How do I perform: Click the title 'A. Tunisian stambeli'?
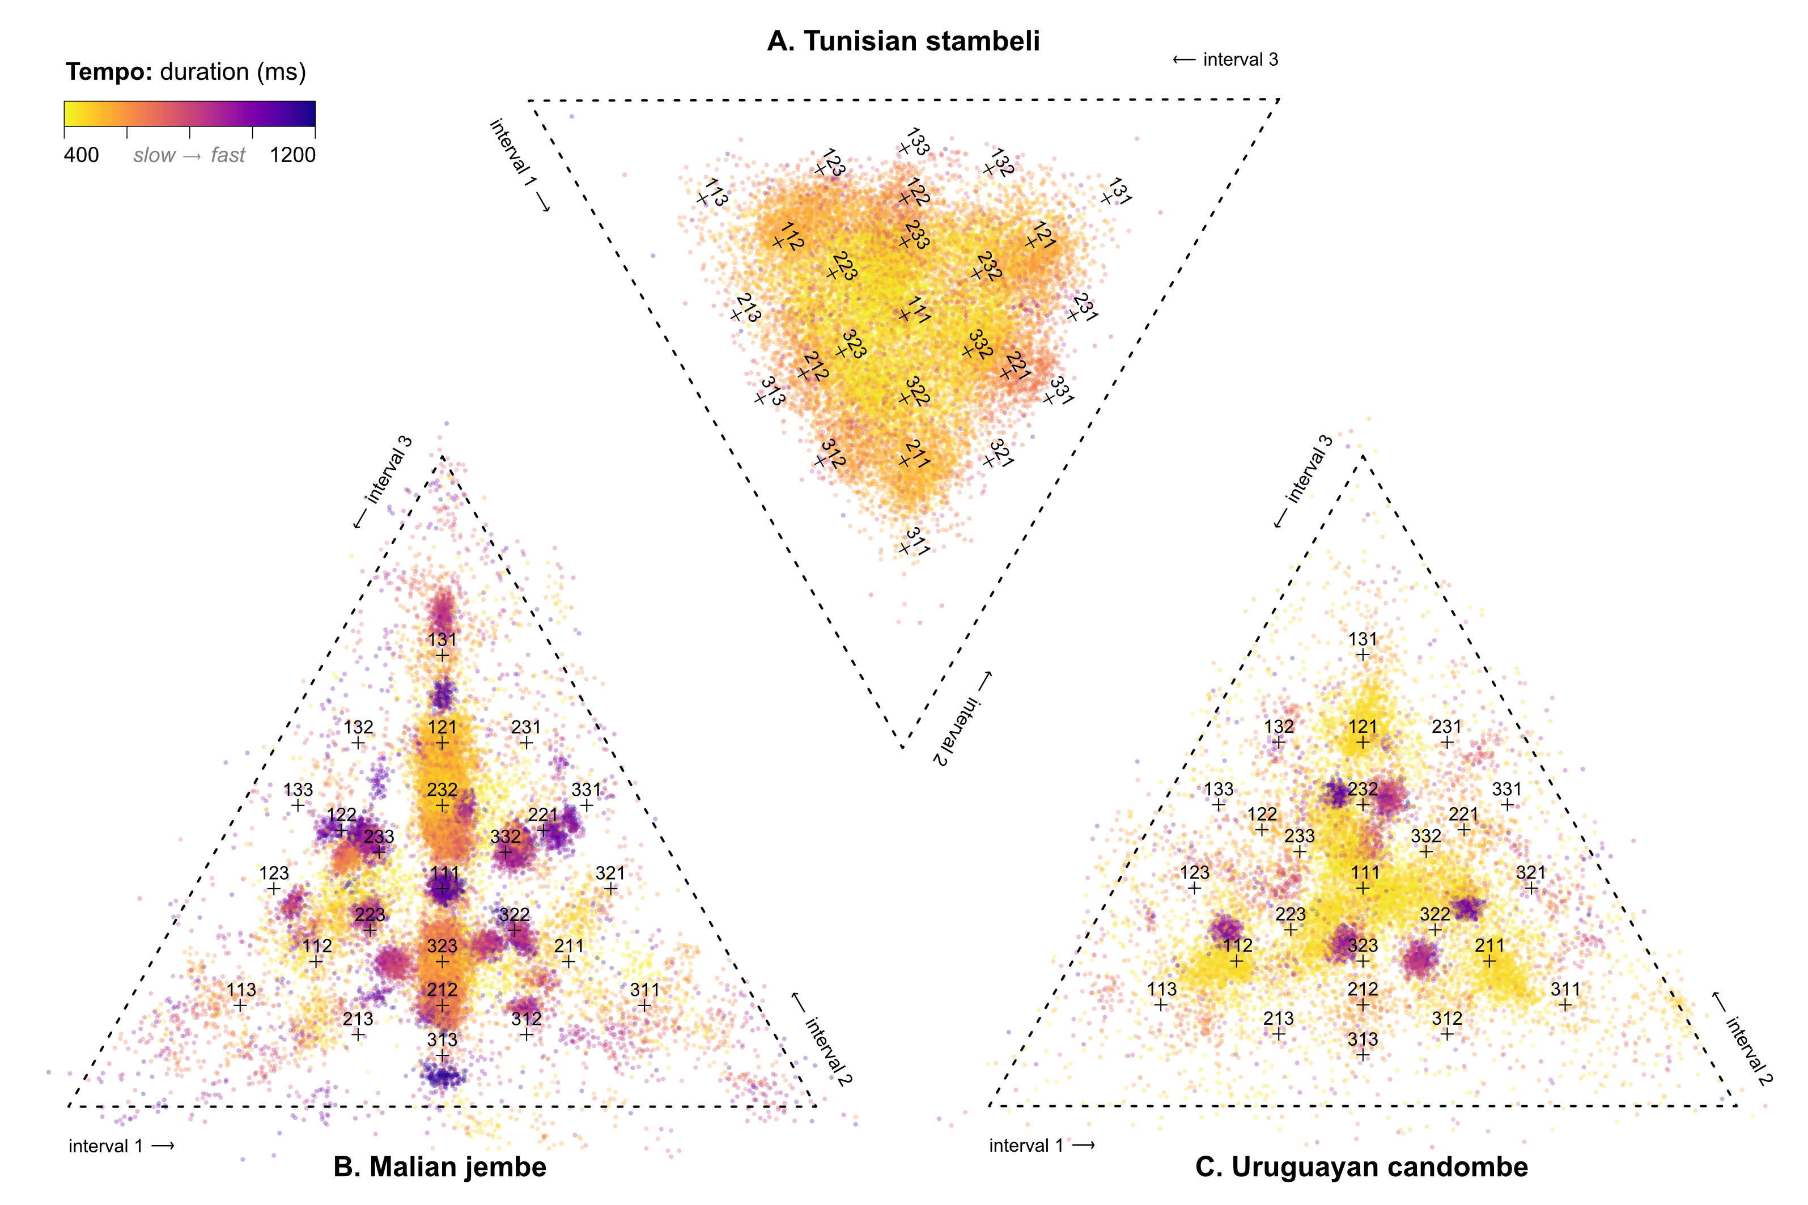(x=903, y=41)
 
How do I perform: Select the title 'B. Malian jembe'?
(x=439, y=1166)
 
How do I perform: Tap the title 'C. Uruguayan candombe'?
(x=1361, y=1166)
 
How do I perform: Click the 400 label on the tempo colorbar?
(x=82, y=155)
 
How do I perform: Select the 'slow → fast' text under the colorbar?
(x=189, y=155)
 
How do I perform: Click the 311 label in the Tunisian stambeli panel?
(x=918, y=540)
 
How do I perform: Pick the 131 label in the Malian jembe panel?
(x=442, y=639)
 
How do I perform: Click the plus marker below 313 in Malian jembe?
(x=442, y=1056)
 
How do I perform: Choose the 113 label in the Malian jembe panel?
(x=241, y=990)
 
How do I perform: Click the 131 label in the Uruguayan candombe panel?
(x=1363, y=639)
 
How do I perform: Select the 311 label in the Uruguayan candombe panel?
(x=1565, y=989)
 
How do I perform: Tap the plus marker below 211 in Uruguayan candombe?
(x=1489, y=961)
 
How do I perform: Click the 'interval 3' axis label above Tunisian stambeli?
(x=1225, y=60)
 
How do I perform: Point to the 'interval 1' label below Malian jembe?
(x=121, y=1147)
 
